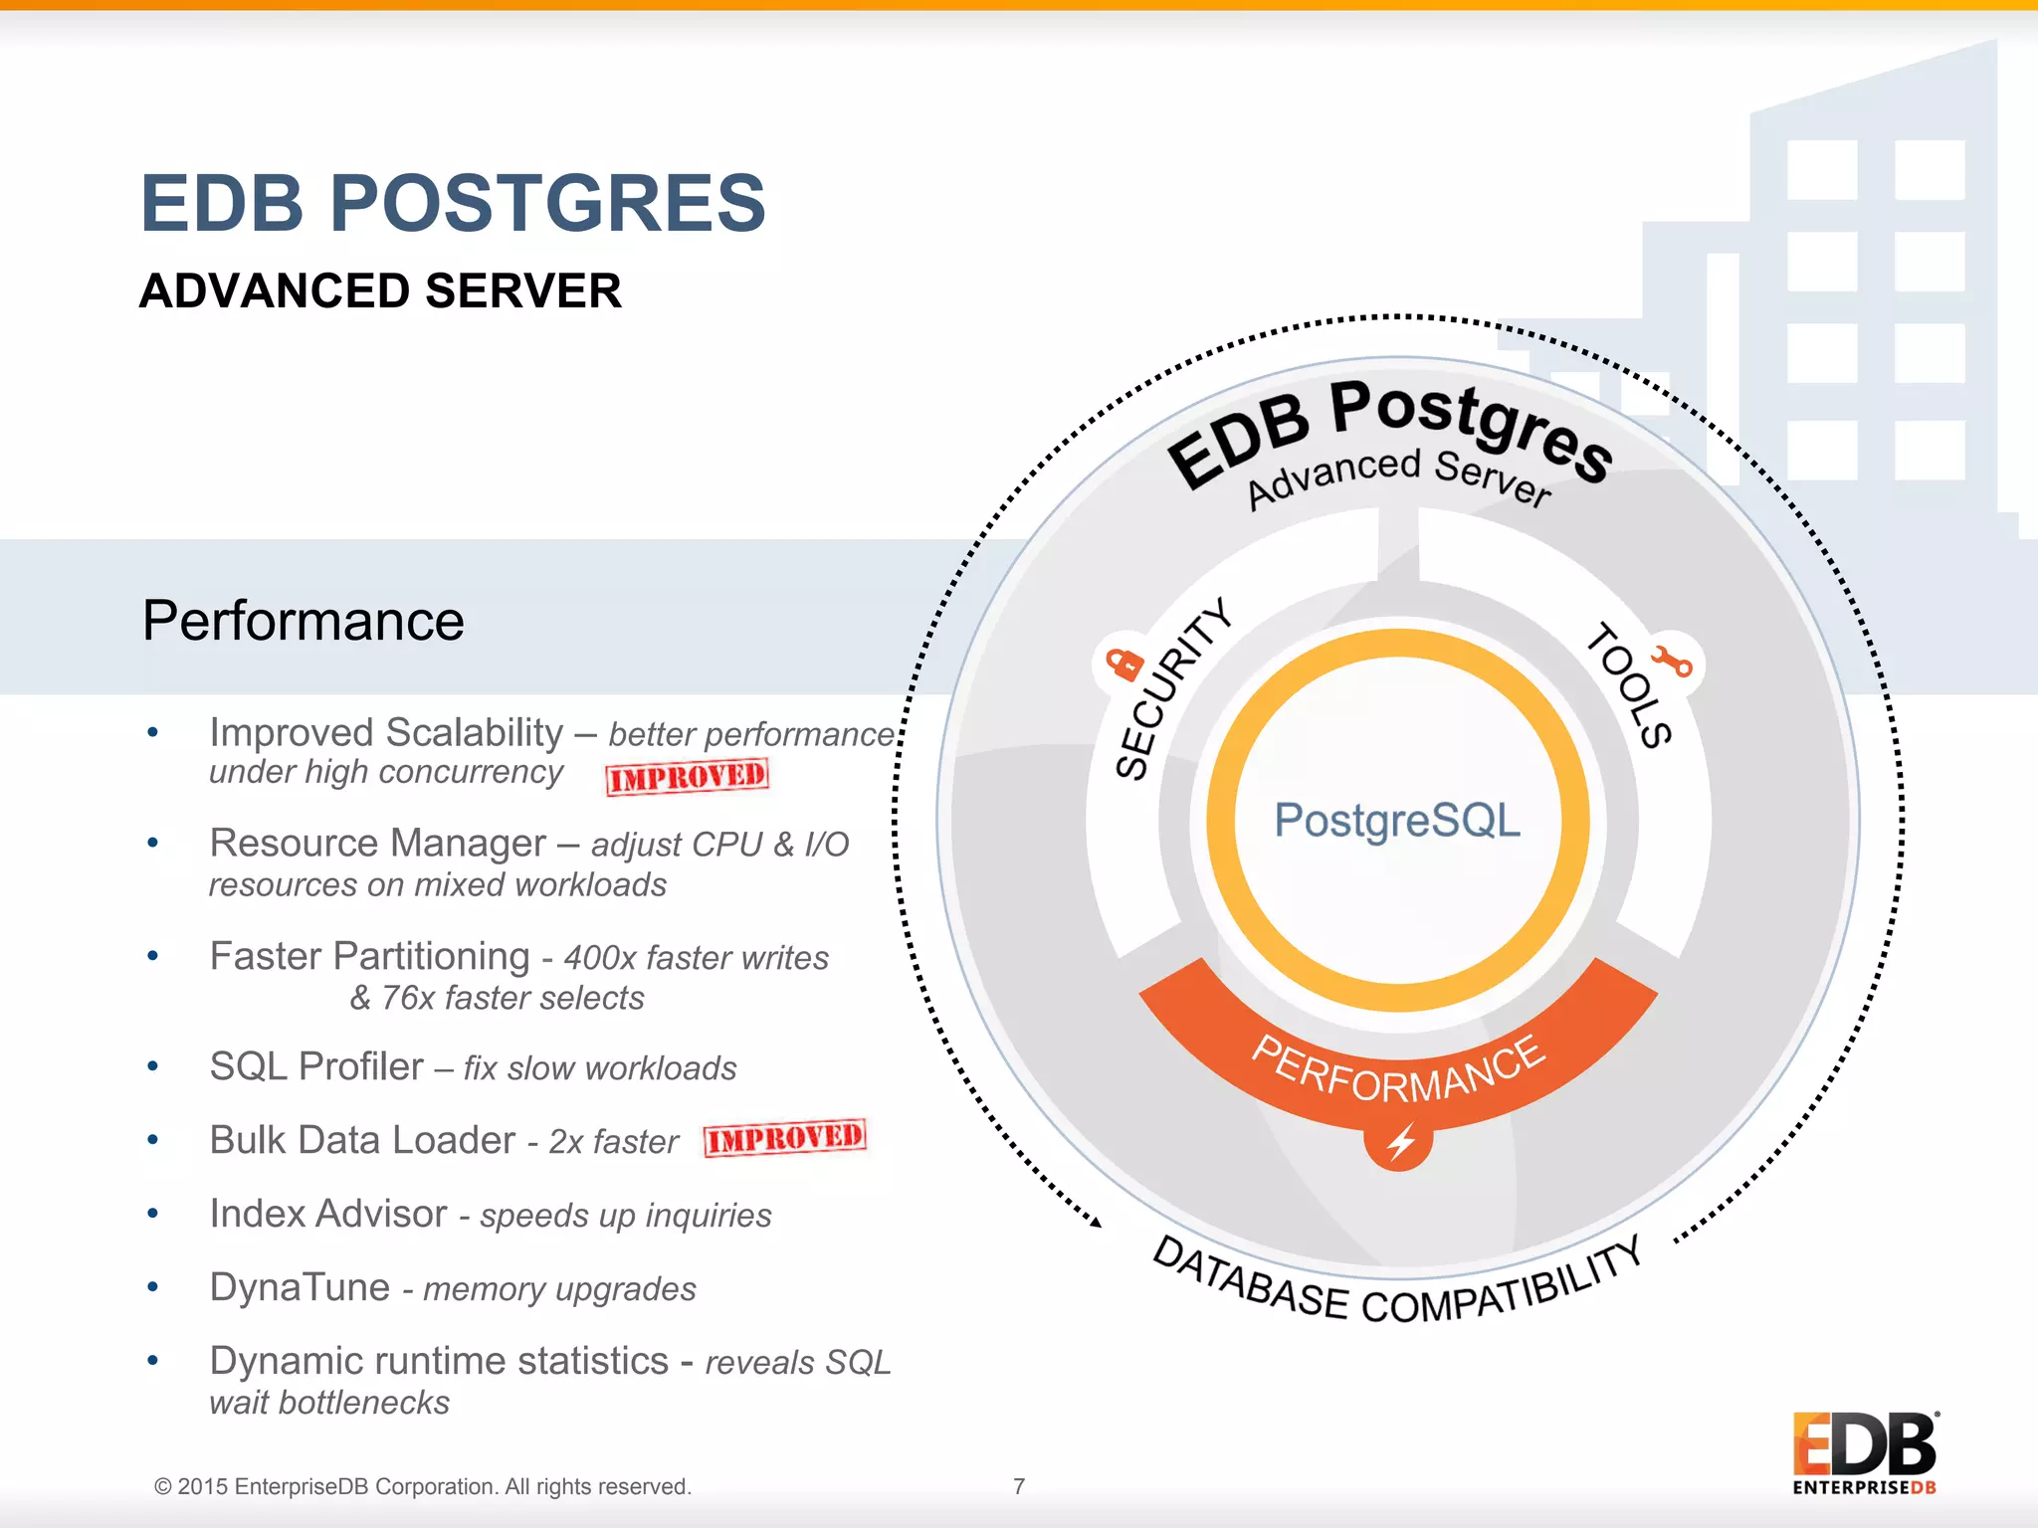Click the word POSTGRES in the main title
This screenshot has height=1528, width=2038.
click(x=547, y=204)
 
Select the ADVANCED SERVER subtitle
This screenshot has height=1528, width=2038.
click(x=380, y=291)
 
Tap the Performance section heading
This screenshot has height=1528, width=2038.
click(x=303, y=621)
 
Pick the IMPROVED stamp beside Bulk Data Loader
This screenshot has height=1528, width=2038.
click(x=784, y=1138)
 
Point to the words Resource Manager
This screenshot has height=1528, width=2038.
click(x=377, y=844)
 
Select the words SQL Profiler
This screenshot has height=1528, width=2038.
click(x=316, y=1066)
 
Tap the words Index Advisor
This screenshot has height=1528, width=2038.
click(x=328, y=1214)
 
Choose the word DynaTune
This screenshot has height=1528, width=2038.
click(x=300, y=1287)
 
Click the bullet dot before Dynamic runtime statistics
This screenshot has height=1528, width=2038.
click(x=152, y=1360)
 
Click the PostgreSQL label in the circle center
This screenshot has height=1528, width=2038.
click(x=1397, y=821)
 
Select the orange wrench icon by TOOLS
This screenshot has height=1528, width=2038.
click(x=1672, y=662)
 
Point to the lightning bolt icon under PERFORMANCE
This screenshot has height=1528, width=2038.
click(x=1399, y=1142)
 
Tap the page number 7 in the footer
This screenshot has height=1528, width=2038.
click(x=1019, y=1486)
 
